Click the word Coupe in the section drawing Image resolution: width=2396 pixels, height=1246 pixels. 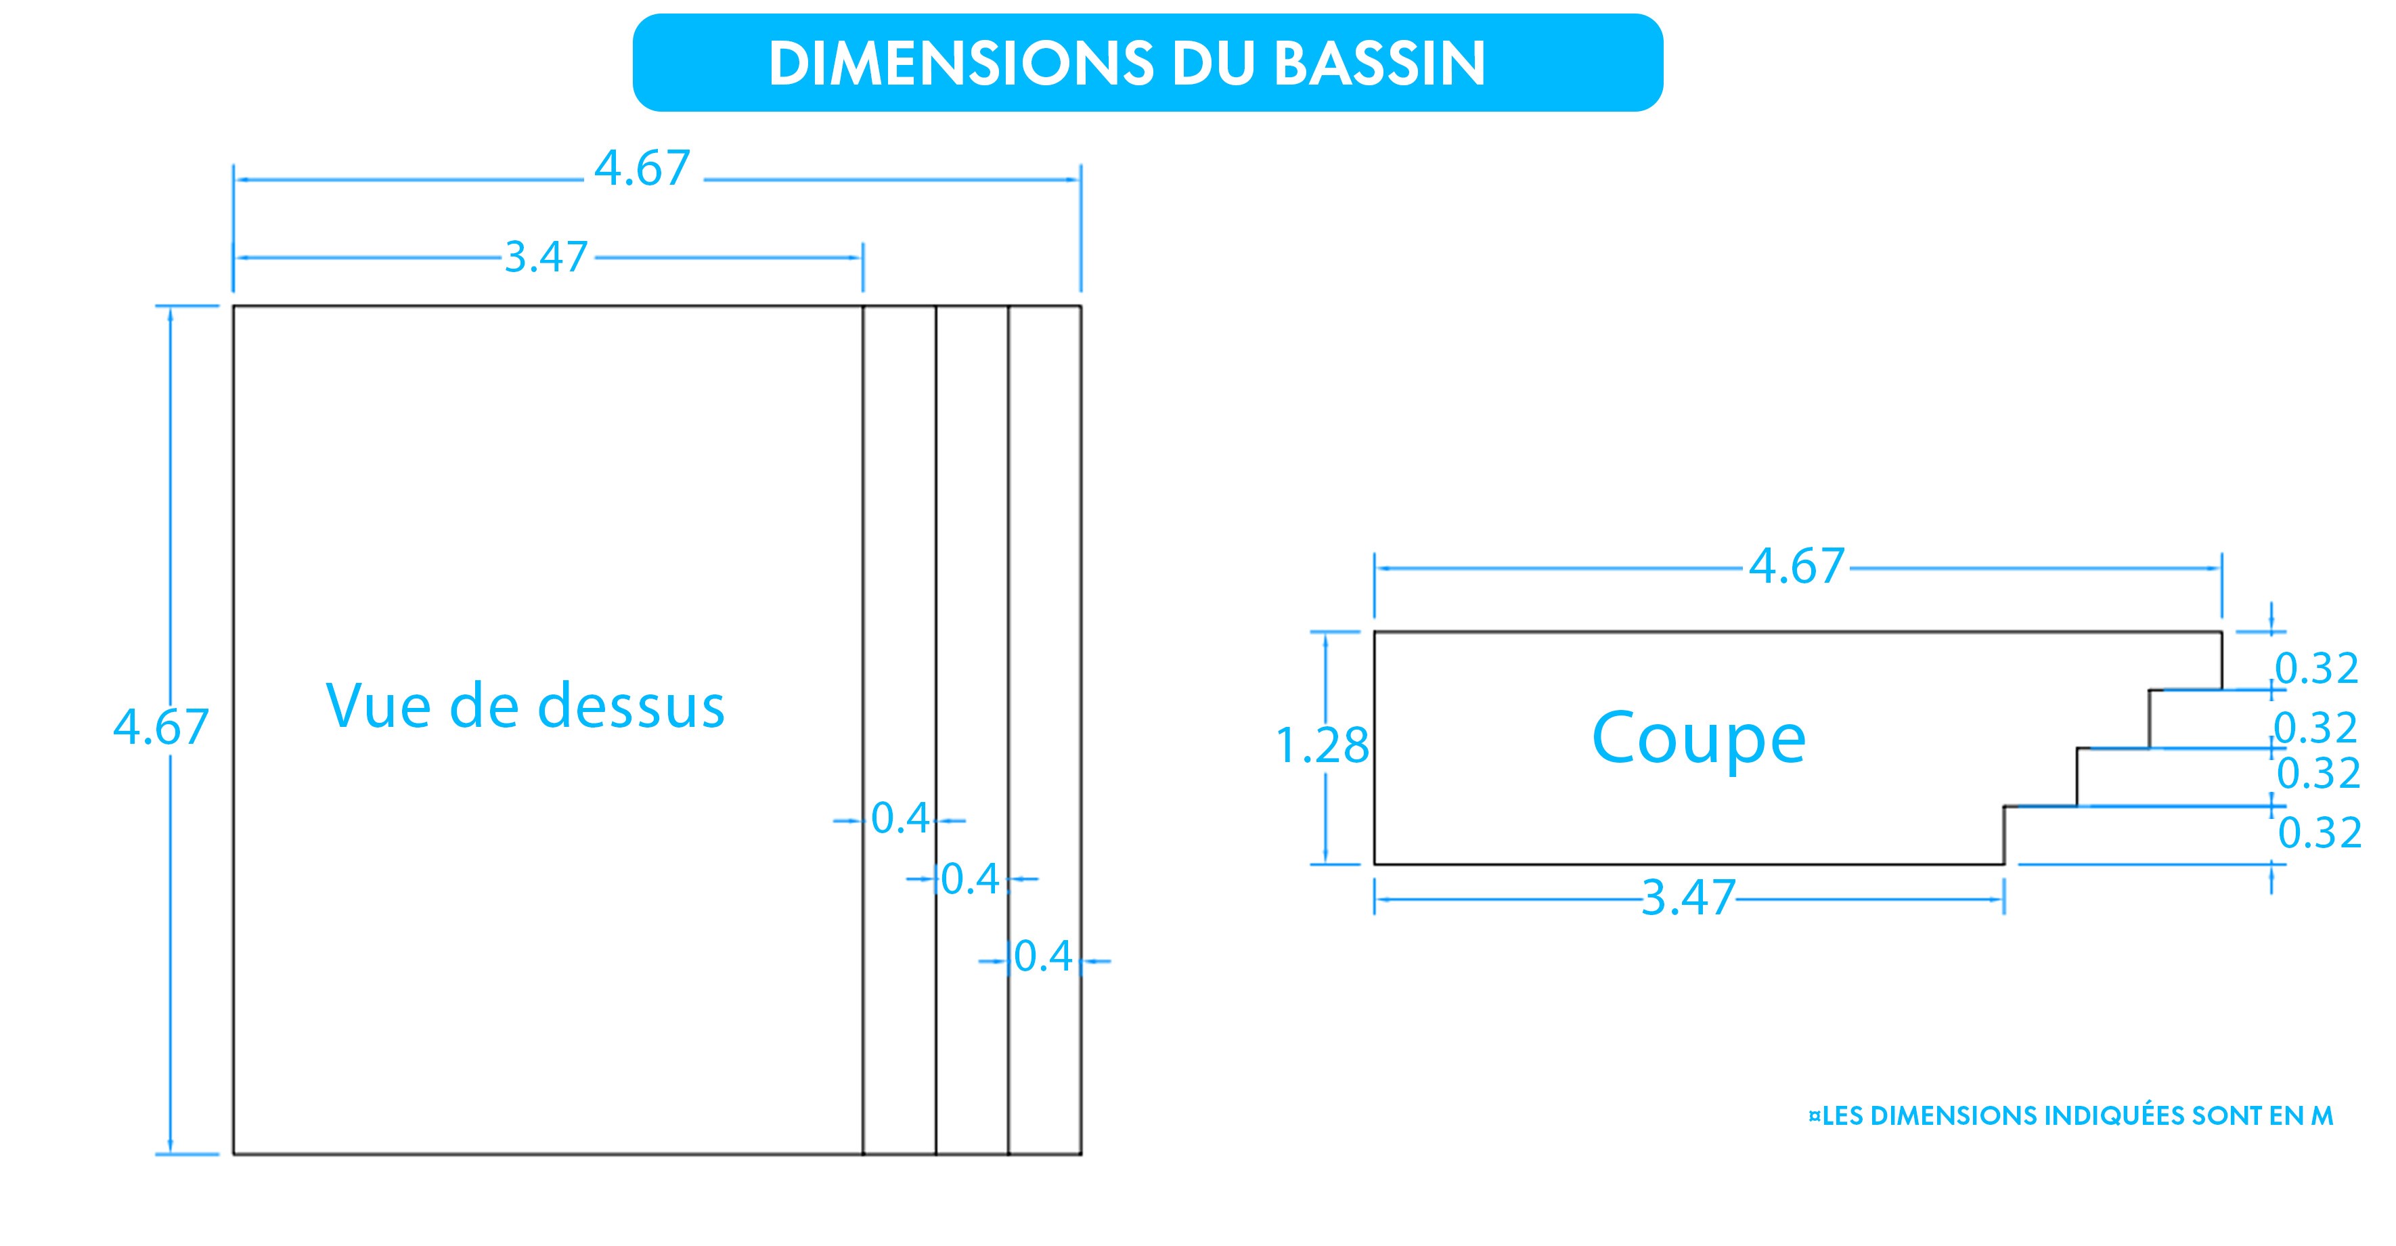click(1698, 739)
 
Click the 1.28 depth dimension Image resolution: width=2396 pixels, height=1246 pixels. click(1322, 746)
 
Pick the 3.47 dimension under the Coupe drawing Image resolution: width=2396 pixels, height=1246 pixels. click(1688, 898)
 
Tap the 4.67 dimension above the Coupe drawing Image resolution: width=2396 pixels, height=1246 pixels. click(1796, 566)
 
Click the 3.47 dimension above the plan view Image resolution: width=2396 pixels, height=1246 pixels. click(546, 257)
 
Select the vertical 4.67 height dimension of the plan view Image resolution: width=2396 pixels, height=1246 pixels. click(161, 727)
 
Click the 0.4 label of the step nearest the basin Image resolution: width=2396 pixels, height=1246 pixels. click(900, 819)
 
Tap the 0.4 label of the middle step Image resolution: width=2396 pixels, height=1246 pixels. click(971, 878)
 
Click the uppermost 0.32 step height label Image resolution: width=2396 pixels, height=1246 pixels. click(2316, 669)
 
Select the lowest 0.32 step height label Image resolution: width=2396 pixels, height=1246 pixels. click(2320, 833)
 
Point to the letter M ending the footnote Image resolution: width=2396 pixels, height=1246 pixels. click(2322, 1117)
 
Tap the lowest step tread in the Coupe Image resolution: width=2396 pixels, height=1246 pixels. click(2041, 806)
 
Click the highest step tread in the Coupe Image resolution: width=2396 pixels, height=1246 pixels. click(2186, 690)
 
